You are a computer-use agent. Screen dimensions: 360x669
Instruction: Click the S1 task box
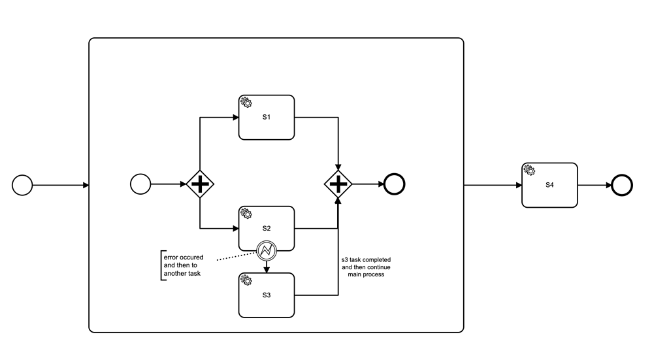tap(267, 118)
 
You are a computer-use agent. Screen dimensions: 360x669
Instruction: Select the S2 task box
tap(267, 229)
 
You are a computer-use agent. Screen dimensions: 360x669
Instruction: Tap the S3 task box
tap(267, 295)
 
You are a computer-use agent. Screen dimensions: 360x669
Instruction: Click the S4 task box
tap(549, 185)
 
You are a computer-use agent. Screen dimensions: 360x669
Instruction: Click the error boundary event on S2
tap(267, 250)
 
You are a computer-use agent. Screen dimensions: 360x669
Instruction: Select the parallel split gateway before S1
tap(200, 185)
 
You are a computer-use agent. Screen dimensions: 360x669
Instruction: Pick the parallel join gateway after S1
tap(338, 185)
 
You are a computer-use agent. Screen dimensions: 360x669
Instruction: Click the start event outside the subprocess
tap(22, 185)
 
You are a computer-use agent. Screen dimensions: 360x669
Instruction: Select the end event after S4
tap(621, 185)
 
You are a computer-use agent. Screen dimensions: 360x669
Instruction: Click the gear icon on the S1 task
tap(246, 103)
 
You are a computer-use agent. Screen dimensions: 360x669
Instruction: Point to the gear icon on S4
tap(529, 170)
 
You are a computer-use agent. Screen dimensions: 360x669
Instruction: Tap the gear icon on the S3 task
tap(246, 280)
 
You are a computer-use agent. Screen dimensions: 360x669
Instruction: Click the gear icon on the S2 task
tap(246, 214)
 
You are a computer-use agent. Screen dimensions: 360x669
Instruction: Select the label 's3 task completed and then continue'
tap(366, 267)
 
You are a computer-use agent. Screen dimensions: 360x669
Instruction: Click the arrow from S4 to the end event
tap(595, 185)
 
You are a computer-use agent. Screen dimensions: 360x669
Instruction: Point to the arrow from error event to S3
tap(267, 267)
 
